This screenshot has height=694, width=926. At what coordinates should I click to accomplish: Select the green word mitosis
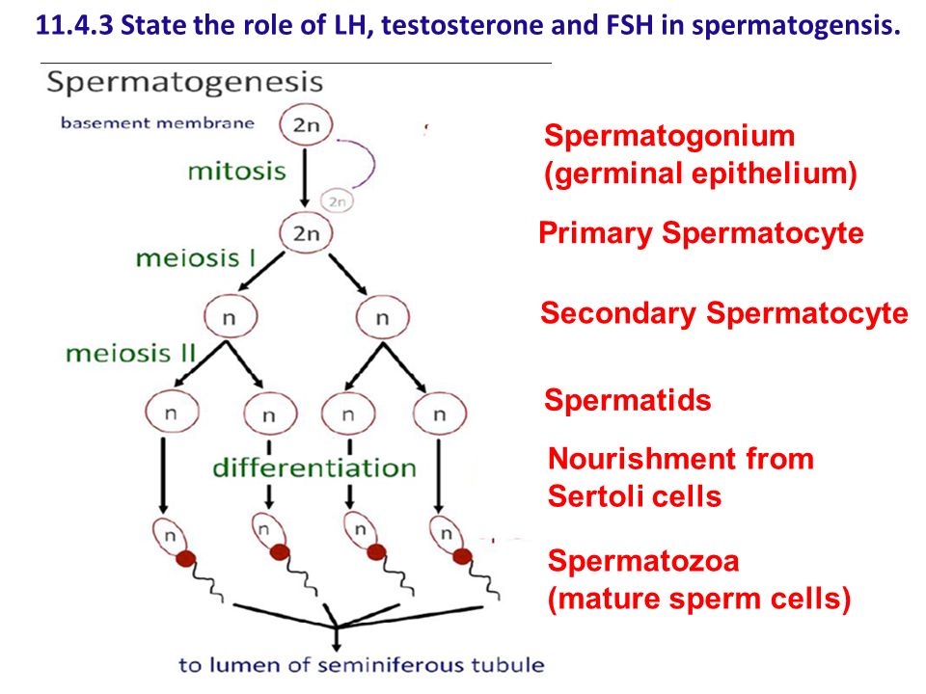[x=237, y=172]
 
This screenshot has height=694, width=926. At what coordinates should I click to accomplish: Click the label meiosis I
[x=196, y=258]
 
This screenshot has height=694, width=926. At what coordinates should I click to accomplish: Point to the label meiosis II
[x=130, y=354]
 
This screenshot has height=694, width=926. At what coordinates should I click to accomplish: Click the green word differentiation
[x=314, y=468]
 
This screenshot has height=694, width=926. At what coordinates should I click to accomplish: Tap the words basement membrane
[x=157, y=122]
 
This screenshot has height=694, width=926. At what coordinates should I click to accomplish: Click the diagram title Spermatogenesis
[x=185, y=83]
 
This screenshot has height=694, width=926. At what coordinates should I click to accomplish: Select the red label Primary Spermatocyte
[x=701, y=233]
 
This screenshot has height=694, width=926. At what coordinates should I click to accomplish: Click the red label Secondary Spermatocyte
[x=724, y=313]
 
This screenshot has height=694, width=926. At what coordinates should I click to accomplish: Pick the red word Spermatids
[x=628, y=400]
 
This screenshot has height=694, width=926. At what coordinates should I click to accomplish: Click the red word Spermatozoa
[x=643, y=561]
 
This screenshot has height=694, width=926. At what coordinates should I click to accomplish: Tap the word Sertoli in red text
[x=595, y=496]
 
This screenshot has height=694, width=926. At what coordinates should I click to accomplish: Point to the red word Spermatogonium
[x=669, y=137]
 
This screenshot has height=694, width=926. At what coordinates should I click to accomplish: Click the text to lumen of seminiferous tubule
[x=362, y=665]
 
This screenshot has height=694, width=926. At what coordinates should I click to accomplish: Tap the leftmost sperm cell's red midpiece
[x=185, y=558]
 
